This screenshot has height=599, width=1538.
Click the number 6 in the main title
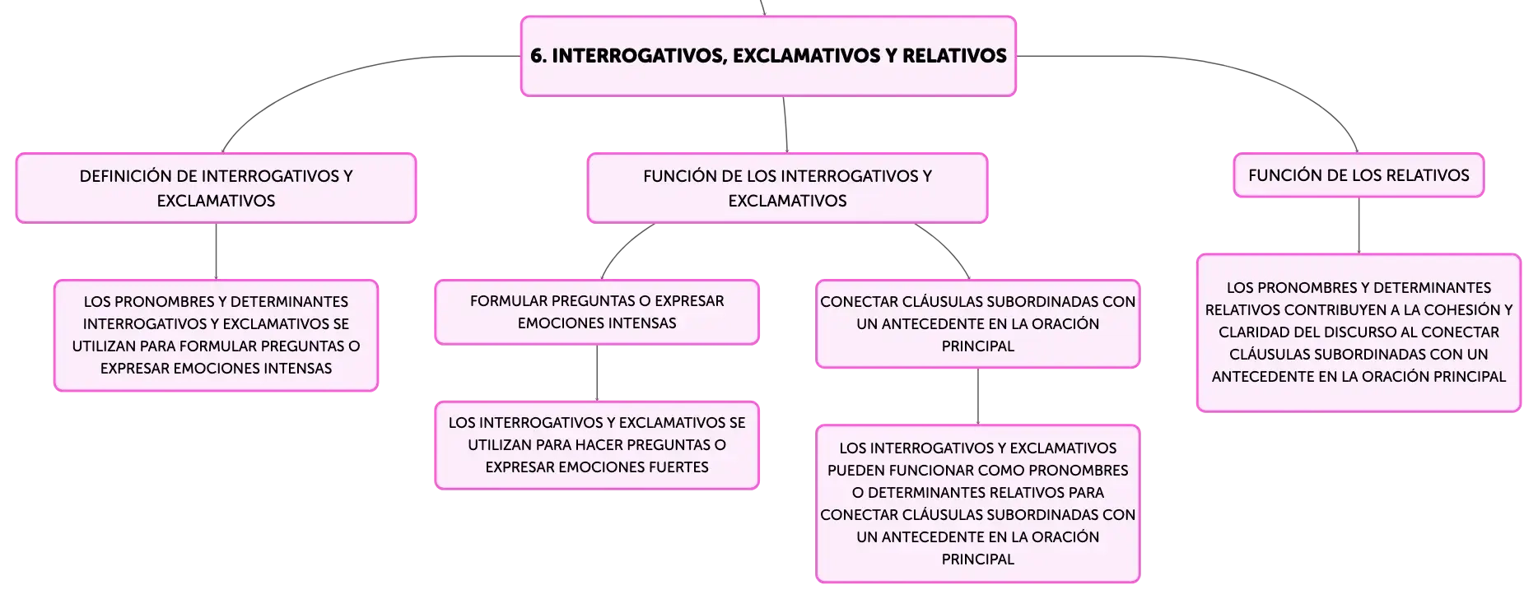click(x=536, y=56)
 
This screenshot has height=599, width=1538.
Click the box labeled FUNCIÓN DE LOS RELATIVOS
click(x=1359, y=175)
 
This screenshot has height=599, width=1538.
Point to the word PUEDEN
click(x=857, y=471)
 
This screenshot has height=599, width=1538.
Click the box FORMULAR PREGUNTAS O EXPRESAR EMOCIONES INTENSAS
click(x=597, y=312)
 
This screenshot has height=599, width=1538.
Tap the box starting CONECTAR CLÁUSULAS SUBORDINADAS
click(x=978, y=324)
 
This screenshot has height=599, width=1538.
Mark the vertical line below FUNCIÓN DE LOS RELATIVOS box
click(x=1359, y=225)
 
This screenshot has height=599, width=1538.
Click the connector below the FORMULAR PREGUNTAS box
click(x=597, y=373)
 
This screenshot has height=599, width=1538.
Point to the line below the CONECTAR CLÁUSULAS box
click(x=978, y=397)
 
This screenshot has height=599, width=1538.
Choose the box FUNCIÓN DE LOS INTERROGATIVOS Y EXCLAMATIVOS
click(x=787, y=188)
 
